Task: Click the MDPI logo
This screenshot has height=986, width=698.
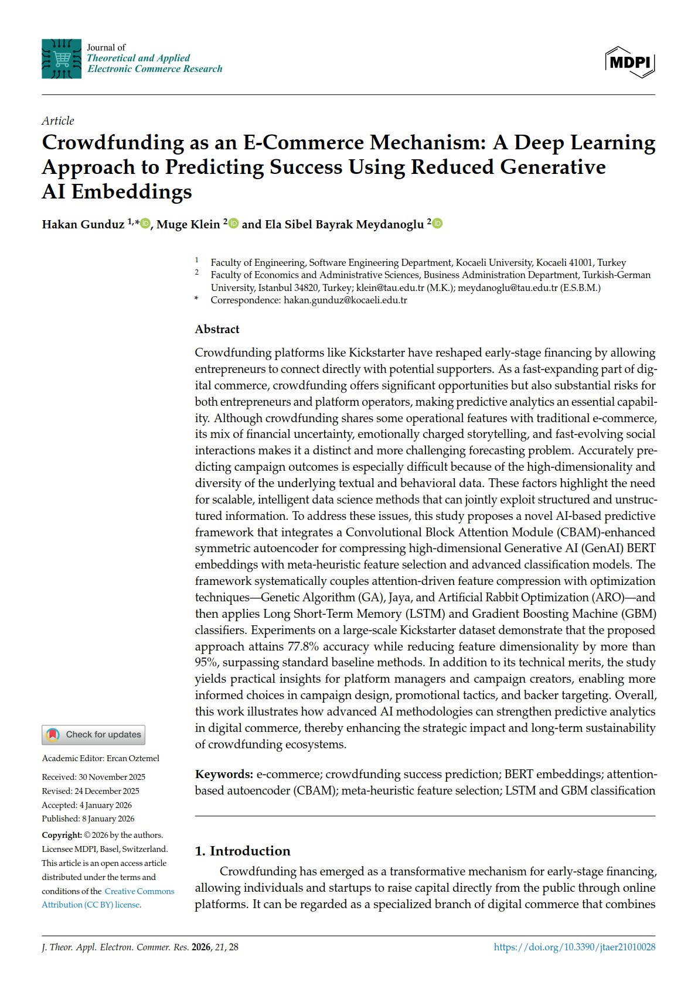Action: click(x=629, y=61)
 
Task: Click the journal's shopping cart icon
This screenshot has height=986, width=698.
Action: click(x=62, y=59)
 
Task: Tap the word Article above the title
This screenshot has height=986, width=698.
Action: click(x=58, y=121)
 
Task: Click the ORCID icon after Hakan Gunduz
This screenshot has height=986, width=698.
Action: click(x=145, y=224)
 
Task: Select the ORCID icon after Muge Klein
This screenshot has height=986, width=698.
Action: click(x=233, y=224)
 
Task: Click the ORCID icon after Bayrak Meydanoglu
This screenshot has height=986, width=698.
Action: click(x=437, y=224)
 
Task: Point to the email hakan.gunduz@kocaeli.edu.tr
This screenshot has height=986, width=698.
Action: click(x=345, y=300)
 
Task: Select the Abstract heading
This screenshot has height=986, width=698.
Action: click(x=217, y=329)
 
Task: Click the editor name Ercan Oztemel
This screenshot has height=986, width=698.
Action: click(x=132, y=758)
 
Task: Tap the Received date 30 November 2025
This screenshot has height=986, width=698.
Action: click(x=112, y=777)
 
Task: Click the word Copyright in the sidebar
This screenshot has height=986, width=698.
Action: click(x=62, y=835)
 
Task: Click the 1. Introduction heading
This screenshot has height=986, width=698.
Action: click(x=242, y=851)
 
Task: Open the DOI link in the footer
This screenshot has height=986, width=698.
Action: click(x=574, y=947)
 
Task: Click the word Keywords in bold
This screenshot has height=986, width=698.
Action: click(x=224, y=774)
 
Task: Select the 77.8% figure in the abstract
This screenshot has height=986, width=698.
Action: click(x=302, y=646)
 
